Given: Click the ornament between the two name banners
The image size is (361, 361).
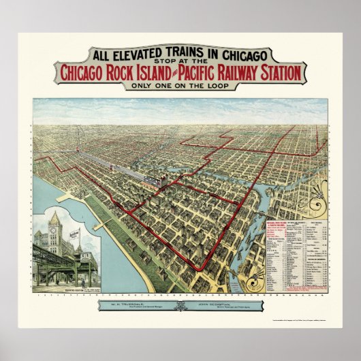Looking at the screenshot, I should click(180, 306).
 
